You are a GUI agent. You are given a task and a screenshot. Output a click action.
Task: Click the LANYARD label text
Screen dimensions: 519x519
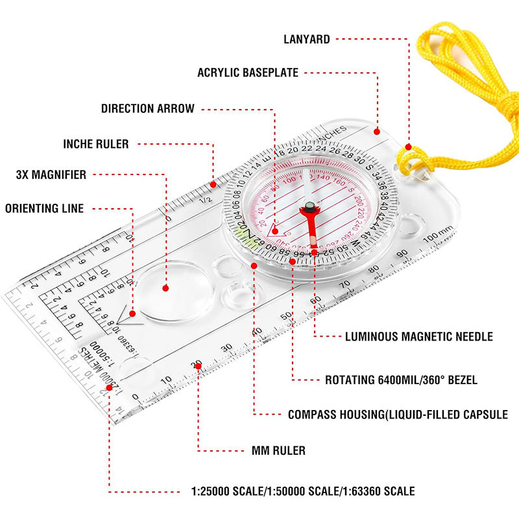(306, 39)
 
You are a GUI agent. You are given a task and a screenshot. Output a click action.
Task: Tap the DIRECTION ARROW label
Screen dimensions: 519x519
(147, 108)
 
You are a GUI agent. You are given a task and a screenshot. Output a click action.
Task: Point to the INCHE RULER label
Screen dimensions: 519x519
(95, 143)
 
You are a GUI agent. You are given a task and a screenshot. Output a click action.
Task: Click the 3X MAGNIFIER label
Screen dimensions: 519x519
(51, 175)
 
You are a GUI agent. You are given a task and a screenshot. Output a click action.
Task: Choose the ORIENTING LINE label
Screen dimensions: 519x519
(45, 208)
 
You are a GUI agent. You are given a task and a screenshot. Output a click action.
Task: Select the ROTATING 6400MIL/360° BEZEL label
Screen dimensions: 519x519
(401, 380)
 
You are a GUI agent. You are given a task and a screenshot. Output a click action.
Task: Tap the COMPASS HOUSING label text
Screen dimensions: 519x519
(398, 414)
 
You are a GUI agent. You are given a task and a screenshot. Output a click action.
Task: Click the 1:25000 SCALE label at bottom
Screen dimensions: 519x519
(302, 491)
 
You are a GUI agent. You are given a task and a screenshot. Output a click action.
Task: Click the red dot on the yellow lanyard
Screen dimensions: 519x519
(407, 148)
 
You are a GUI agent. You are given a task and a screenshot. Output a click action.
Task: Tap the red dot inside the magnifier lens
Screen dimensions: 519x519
(166, 287)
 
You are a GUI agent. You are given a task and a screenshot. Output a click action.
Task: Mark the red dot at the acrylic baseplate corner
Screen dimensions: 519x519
(378, 131)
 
